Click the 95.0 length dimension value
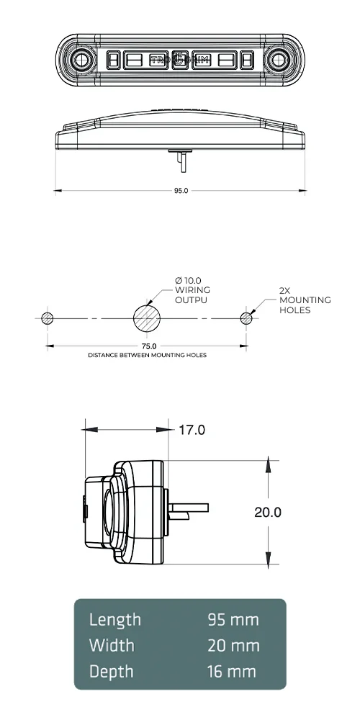181,191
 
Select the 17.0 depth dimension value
192,430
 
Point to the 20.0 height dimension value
267,512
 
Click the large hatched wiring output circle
148,318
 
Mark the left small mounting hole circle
48,318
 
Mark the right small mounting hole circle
247,318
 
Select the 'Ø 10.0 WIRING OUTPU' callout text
192,289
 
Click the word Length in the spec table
115,620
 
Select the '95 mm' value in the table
233,620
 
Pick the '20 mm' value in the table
233,646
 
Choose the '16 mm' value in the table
231,672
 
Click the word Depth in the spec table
112,672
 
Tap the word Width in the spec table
112,646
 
